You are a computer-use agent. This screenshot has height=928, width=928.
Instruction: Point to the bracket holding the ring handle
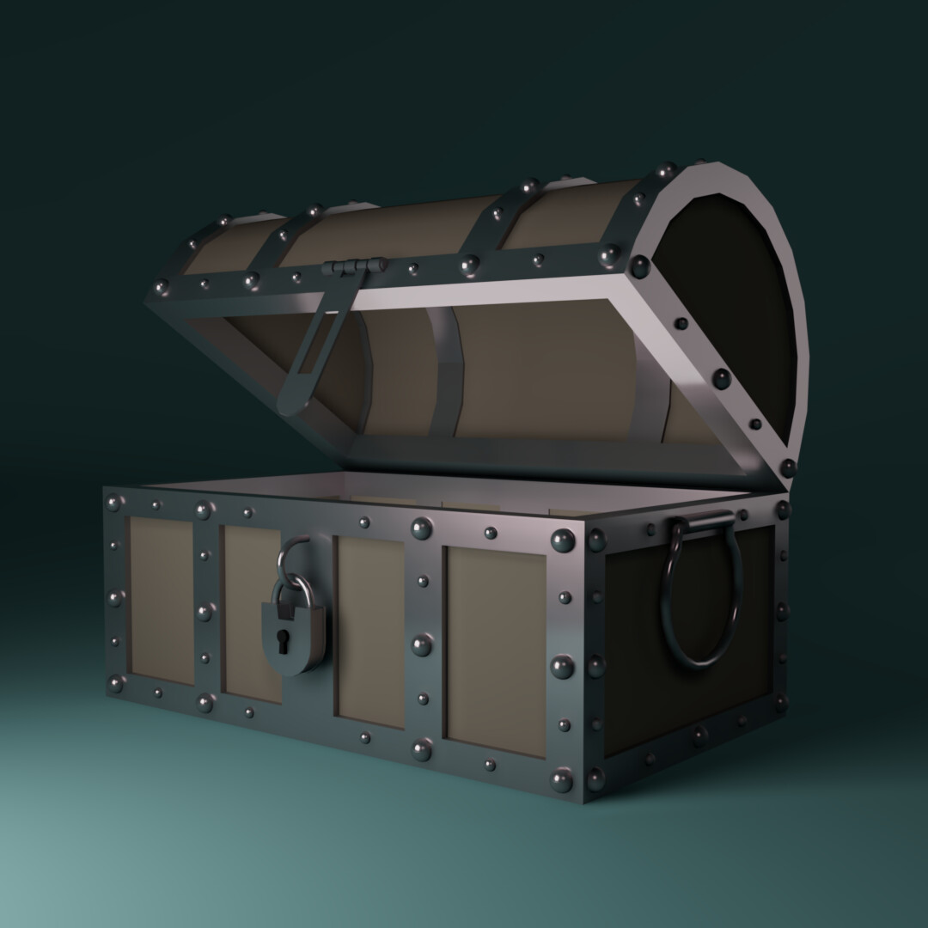pyautogui.click(x=704, y=520)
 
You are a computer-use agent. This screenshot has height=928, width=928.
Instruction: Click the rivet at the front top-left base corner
pyautogui.click(x=113, y=503)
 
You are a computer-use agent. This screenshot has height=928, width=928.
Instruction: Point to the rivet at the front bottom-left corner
pyautogui.click(x=115, y=683)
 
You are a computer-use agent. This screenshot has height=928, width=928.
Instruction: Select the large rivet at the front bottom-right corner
pyautogui.click(x=562, y=780)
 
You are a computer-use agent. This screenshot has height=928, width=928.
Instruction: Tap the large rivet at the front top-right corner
pyautogui.click(x=563, y=541)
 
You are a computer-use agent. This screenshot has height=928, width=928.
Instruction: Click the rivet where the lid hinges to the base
pyautogui.click(x=786, y=467)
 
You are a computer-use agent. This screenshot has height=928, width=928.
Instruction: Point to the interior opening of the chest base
pyautogui.click(x=430, y=494)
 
